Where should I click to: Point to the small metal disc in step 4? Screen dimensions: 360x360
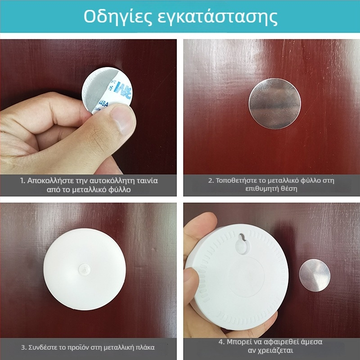(x=315, y=275)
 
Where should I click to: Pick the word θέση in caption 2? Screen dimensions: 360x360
(x=289, y=189)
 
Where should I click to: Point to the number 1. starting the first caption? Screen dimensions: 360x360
(x=22, y=181)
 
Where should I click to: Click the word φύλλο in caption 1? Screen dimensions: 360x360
(x=119, y=189)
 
